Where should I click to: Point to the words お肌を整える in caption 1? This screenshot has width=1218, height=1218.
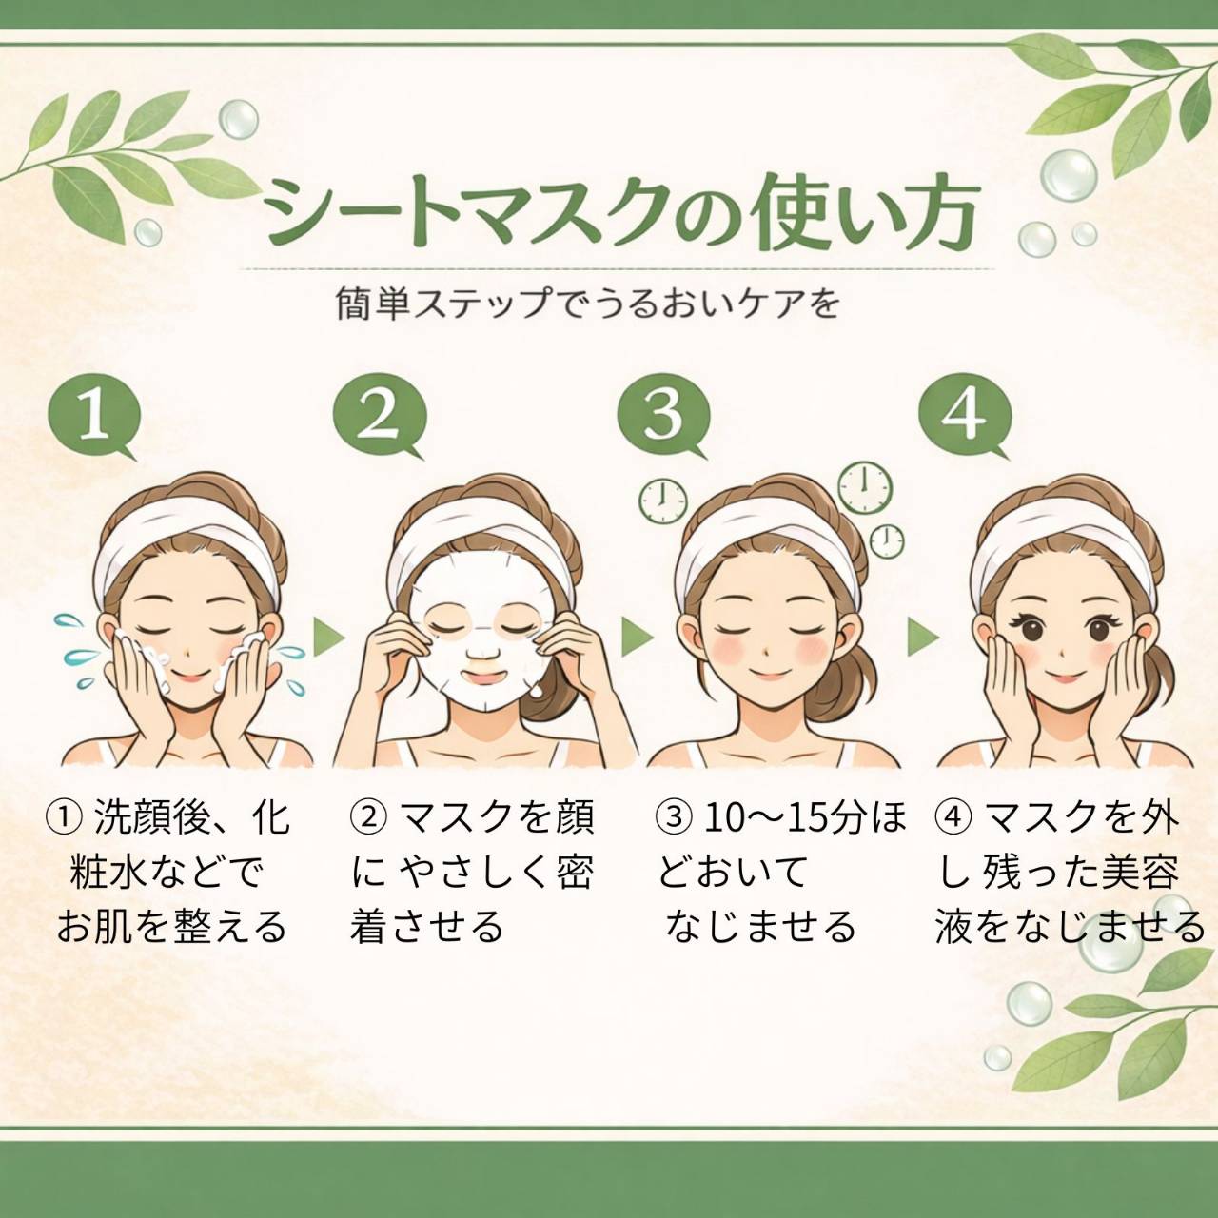pos(171,927)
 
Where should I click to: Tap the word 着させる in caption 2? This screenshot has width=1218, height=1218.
pos(426,927)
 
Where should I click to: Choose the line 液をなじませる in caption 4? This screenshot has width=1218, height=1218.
pos(1069,927)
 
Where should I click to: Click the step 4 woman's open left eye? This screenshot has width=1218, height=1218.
pos(1096,628)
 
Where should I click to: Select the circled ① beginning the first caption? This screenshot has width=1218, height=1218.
pos(61,818)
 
